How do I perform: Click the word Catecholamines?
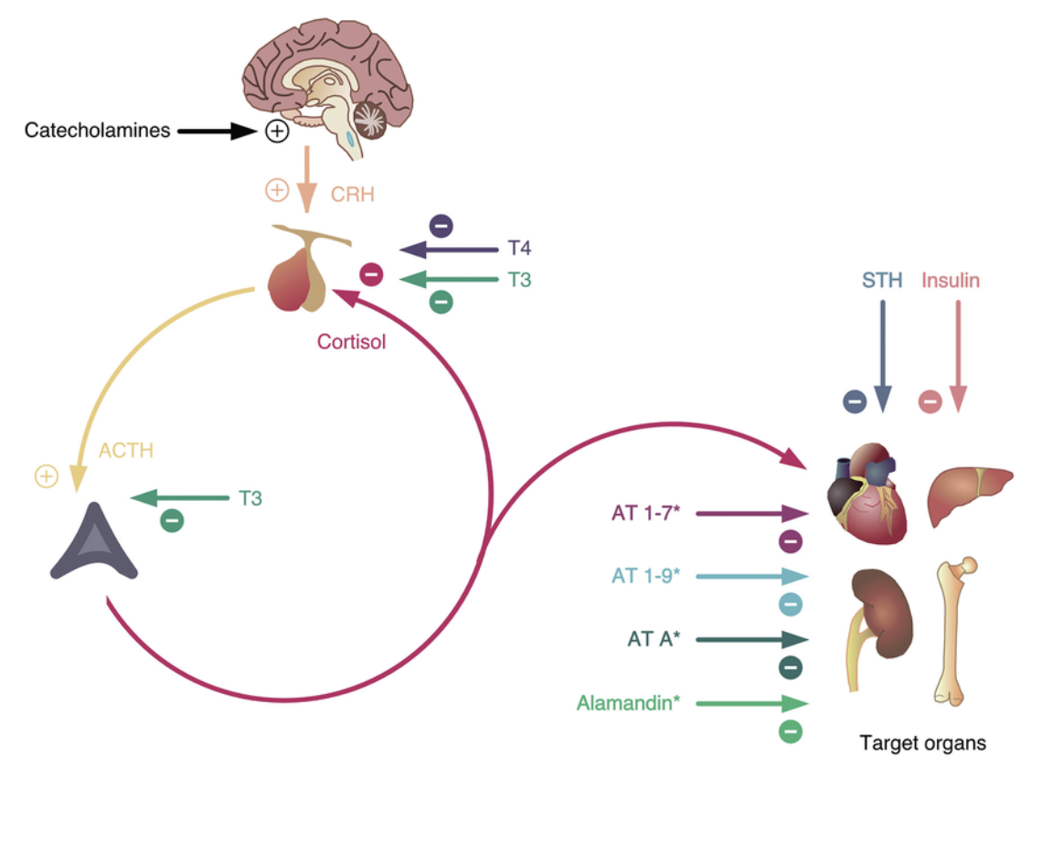click(x=97, y=131)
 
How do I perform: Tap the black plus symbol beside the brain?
click(x=276, y=132)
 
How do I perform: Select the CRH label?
click(x=353, y=194)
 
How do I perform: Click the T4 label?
click(x=519, y=249)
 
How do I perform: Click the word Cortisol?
click(x=352, y=342)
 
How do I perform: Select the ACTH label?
click(x=125, y=450)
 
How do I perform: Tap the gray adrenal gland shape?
click(x=94, y=543)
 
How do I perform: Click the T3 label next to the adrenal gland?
click(x=250, y=498)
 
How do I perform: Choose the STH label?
click(x=881, y=280)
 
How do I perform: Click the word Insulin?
click(x=950, y=280)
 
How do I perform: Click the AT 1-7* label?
click(x=645, y=514)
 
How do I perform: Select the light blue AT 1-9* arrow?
click(x=752, y=576)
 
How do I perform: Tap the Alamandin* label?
click(x=628, y=703)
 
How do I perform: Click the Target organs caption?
click(x=922, y=743)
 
